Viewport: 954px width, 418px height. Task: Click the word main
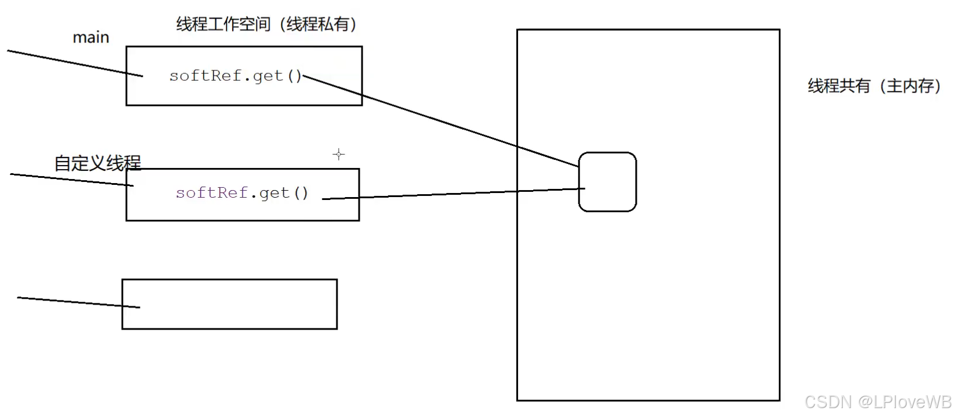pyautogui.click(x=91, y=38)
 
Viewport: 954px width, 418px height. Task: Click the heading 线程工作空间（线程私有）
pyautogui.click(x=266, y=24)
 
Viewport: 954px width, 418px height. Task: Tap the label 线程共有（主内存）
pyautogui.click(x=874, y=86)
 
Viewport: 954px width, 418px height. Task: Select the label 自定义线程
pyautogui.click(x=97, y=163)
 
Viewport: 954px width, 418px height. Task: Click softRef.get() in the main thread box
pyautogui.click(x=235, y=76)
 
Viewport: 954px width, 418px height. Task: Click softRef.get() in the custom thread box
pyautogui.click(x=242, y=193)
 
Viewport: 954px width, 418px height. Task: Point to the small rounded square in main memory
pyautogui.click(x=607, y=182)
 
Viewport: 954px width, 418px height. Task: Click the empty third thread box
pyautogui.click(x=229, y=304)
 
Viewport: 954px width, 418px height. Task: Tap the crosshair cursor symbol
pyautogui.click(x=339, y=154)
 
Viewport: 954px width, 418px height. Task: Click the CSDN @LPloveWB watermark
pyautogui.click(x=878, y=402)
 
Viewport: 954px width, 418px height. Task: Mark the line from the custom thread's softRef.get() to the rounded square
pyautogui.click(x=454, y=194)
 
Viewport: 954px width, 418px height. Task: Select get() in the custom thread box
pyautogui.click(x=283, y=193)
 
